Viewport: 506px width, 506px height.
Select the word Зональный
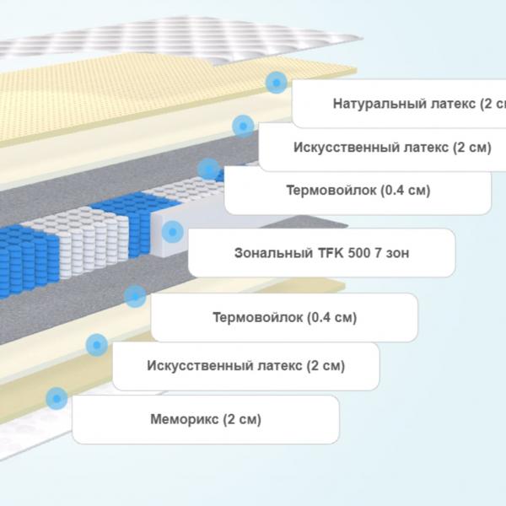(273, 253)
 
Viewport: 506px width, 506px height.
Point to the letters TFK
(331, 253)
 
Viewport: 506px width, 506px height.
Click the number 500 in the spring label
(359, 253)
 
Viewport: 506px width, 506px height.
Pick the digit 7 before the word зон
(378, 253)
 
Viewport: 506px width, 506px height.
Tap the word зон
(397, 254)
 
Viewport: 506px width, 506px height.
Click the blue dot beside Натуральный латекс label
(277, 83)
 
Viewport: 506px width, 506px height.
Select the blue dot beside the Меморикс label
(57, 399)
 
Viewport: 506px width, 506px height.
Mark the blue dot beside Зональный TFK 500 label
(173, 232)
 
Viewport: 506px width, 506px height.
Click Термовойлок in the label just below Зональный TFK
(258, 317)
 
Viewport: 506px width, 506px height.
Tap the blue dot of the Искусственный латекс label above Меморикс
(97, 345)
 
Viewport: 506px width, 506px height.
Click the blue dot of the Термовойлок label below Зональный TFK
(135, 296)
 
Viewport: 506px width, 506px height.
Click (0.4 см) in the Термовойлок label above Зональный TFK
(406, 191)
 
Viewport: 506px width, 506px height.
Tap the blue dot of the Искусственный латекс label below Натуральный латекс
(243, 126)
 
